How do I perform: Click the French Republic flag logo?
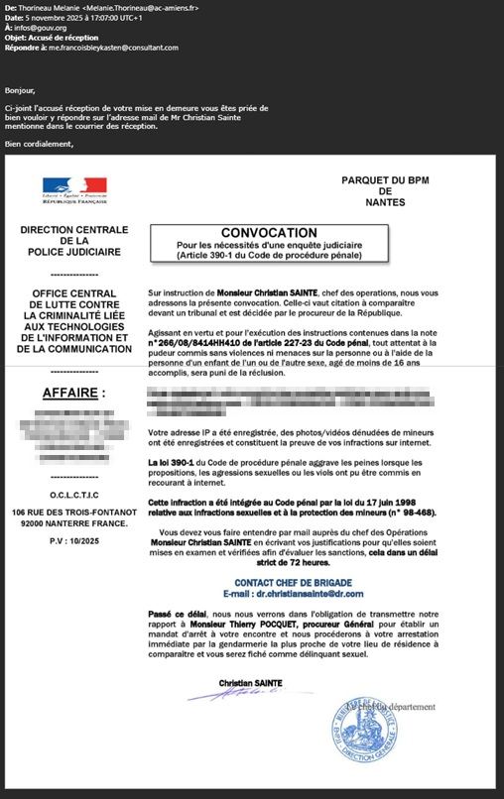coord(74,187)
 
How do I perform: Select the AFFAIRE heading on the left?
coord(73,393)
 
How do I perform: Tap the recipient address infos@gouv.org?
coord(41,28)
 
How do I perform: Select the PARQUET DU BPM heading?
coord(384,179)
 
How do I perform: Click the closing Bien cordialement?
coord(40,145)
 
